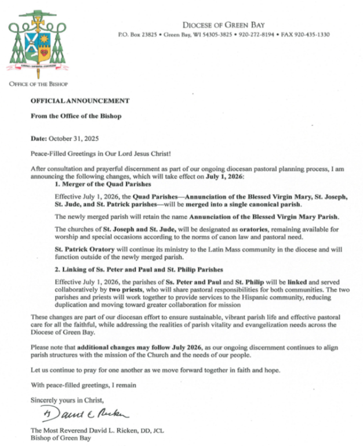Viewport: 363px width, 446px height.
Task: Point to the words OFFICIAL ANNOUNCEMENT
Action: (x=80, y=100)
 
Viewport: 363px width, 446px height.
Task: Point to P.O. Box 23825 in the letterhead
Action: (x=136, y=35)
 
